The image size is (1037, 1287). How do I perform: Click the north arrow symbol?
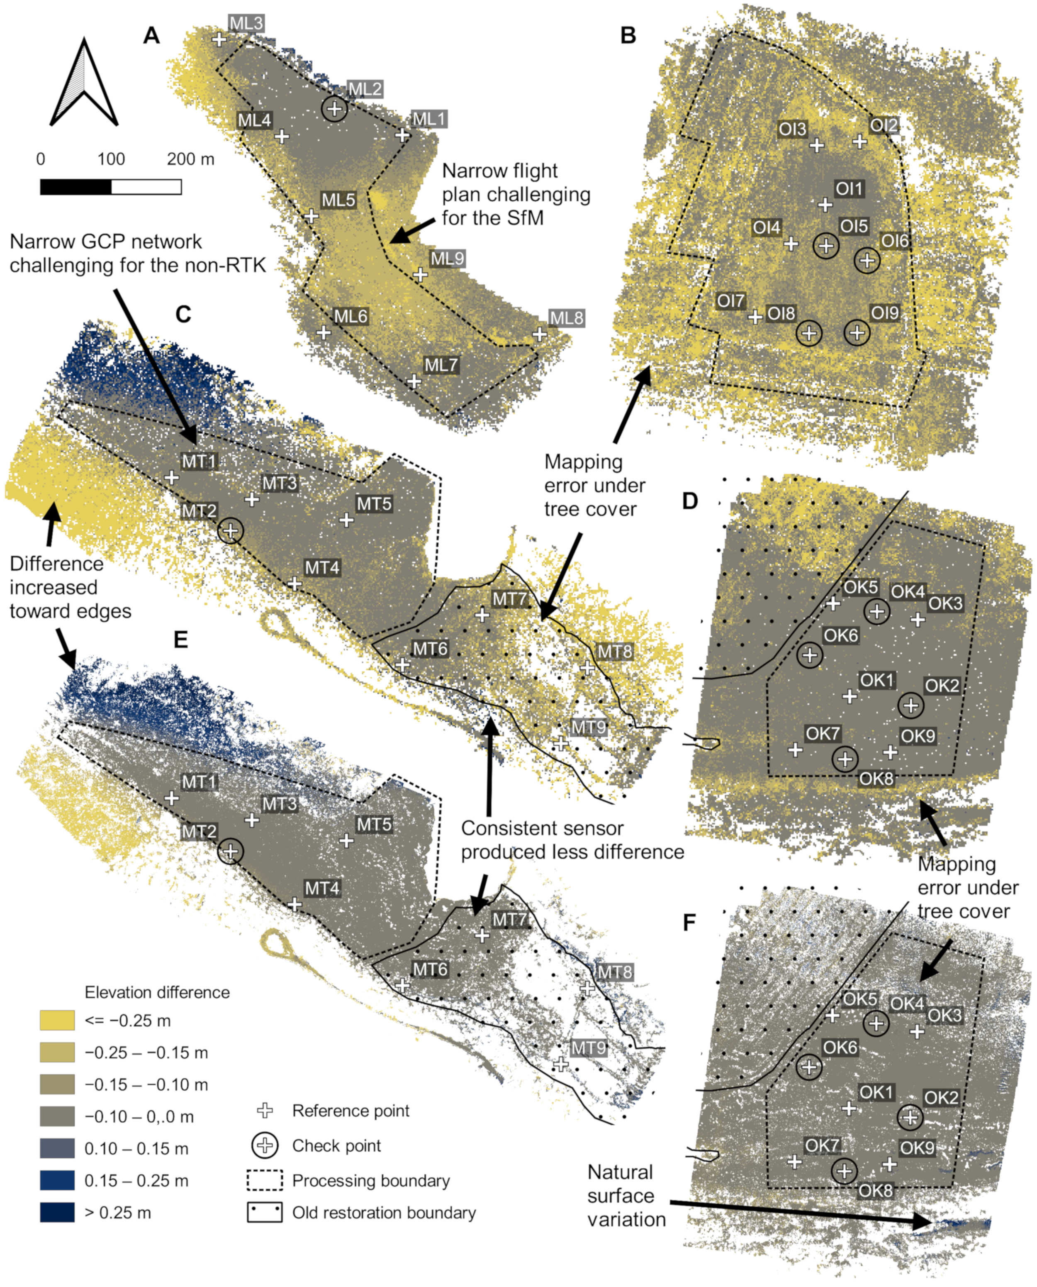(x=84, y=84)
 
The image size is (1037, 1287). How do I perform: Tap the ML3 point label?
(x=246, y=23)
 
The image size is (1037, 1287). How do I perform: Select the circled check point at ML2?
(x=334, y=109)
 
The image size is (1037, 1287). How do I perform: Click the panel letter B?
(x=628, y=35)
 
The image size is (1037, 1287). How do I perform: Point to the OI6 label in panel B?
(x=895, y=241)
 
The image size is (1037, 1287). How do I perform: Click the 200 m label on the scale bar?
(x=190, y=159)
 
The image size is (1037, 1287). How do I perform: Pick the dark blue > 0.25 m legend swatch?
(x=57, y=1212)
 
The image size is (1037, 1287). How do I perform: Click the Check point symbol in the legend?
(x=265, y=1145)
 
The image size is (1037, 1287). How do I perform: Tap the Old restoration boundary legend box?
(x=265, y=1212)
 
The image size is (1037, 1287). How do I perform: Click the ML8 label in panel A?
(x=566, y=318)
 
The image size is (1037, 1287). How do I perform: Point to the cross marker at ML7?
(x=414, y=381)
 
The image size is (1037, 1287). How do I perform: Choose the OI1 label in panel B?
(x=849, y=189)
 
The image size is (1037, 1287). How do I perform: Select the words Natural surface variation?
(x=626, y=1196)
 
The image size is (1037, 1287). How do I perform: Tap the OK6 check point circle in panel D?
(x=809, y=654)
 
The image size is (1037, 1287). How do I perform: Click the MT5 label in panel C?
(x=374, y=504)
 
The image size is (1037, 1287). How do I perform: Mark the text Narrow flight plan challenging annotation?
(x=516, y=194)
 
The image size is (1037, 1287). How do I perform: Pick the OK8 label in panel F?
(x=875, y=1191)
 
